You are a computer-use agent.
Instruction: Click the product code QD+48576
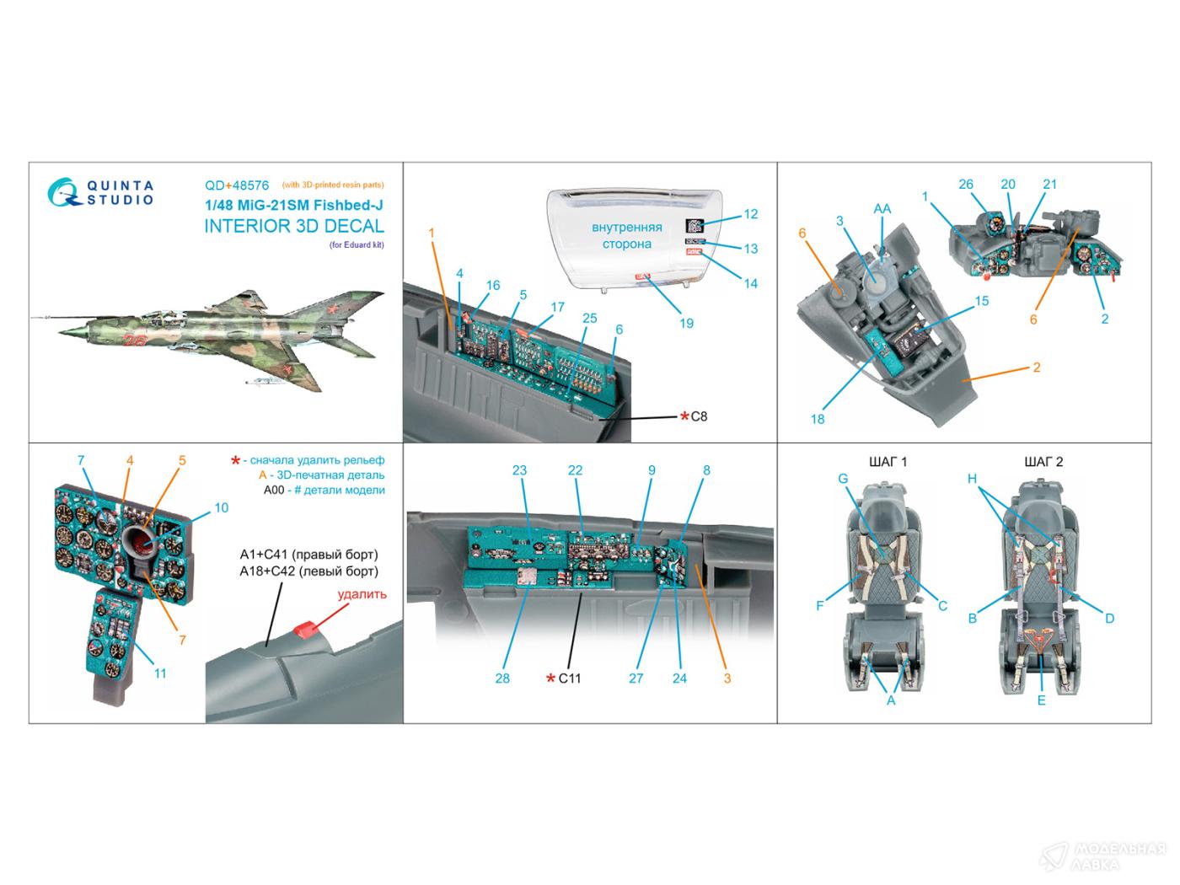(x=237, y=185)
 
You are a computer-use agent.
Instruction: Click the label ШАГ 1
(x=888, y=462)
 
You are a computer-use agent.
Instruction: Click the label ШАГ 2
(x=1043, y=462)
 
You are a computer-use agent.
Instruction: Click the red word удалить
(x=362, y=594)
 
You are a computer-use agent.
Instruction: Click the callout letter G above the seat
(x=842, y=479)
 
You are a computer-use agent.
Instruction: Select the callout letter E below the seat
(x=1042, y=700)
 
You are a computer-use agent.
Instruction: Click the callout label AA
(x=882, y=208)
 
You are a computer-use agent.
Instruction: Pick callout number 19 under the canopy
(x=686, y=323)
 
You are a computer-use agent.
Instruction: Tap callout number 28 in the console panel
(x=502, y=678)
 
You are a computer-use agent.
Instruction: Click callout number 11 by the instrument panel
(x=160, y=673)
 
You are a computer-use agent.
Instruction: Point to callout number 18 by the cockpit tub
(x=818, y=419)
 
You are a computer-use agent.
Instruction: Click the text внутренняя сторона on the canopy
(x=626, y=235)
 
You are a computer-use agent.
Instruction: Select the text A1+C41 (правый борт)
(x=308, y=555)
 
